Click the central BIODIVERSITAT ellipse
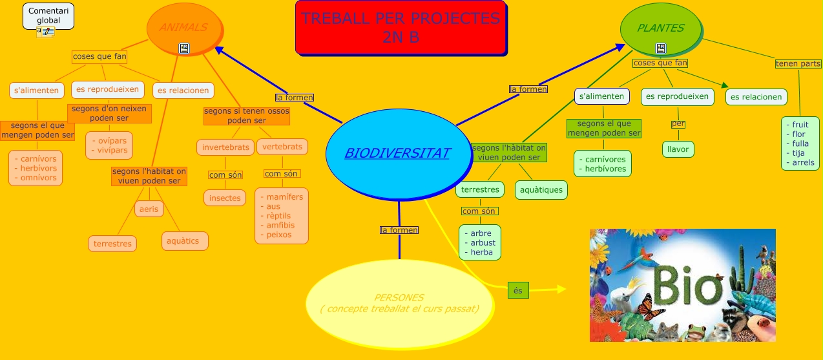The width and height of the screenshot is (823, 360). tap(397, 153)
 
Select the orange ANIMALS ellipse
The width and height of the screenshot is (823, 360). tap(184, 28)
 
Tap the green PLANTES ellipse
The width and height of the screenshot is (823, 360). tap(660, 28)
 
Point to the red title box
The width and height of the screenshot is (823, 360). tap(401, 28)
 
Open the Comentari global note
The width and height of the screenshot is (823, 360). tap(48, 16)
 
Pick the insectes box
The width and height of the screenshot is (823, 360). tap(225, 198)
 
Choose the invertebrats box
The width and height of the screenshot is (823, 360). tap(225, 147)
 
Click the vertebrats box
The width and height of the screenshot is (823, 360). tap(282, 147)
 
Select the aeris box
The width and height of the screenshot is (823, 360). tap(149, 209)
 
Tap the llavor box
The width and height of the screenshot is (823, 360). tap(678, 149)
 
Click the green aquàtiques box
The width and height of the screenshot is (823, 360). tap(541, 190)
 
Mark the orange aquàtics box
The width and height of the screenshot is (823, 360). tap(185, 241)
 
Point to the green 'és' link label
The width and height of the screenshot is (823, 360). tap(517, 291)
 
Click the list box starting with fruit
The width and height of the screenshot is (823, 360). tap(800, 143)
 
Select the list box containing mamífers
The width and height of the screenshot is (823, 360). tap(282, 215)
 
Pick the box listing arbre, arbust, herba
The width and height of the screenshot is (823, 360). tap(480, 242)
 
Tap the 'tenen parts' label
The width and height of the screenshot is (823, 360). tap(798, 63)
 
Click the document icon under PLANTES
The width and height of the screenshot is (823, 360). tap(660, 48)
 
